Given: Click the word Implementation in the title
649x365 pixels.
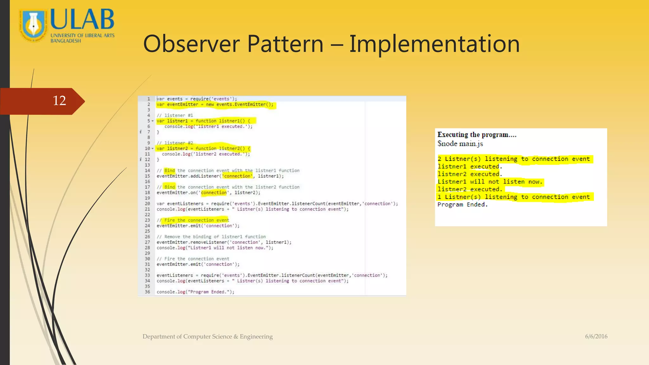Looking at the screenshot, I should click(434, 44).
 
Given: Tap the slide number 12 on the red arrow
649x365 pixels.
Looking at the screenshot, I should click(59, 101).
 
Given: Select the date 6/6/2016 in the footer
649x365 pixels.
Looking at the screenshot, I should click(596, 336).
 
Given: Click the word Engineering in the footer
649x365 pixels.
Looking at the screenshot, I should click(256, 336).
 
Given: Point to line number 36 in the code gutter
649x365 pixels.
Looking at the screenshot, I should click(147, 292).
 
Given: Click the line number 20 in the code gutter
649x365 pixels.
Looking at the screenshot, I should click(147, 204).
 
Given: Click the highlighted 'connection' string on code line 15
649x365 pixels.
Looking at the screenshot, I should click(237, 176).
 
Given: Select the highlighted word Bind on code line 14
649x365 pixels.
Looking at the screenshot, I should click(170, 170).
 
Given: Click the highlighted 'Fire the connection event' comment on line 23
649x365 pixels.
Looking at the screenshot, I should click(196, 220).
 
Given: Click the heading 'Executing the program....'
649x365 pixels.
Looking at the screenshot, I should click(477, 135).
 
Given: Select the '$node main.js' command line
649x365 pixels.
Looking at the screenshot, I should click(460, 144).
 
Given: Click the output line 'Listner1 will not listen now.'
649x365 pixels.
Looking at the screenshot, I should click(490, 182).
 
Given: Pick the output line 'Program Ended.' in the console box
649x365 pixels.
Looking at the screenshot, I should click(462, 205).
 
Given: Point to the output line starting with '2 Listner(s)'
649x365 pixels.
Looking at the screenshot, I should click(513, 159).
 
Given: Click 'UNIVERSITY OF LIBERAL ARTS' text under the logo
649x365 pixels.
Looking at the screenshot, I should click(82, 35).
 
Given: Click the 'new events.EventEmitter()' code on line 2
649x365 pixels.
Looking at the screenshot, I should click(239, 105).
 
